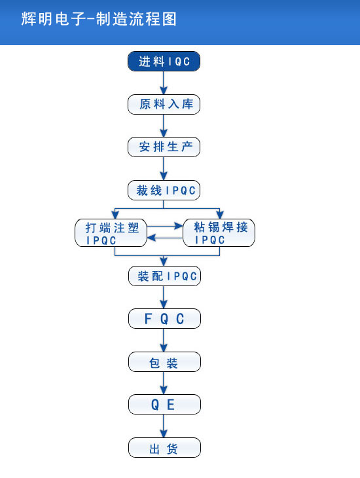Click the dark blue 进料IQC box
coord(164,62)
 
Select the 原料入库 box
coord(164,104)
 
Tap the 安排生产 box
coord(164,147)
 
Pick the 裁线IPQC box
coord(164,191)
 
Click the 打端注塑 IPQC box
coord(111,233)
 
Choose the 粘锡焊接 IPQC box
coord(219,233)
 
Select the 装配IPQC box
coord(164,276)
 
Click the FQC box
coord(164,319)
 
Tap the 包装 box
coord(164,362)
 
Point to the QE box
coord(164,405)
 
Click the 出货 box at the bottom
coord(164,448)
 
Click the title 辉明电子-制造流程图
coord(99,19)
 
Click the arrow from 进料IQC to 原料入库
coord(164,83)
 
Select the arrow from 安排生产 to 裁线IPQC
coord(164,168)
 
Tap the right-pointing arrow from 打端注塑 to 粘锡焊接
coord(165,226)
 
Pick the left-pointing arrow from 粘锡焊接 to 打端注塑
coord(165,238)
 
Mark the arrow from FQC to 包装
coord(164,340)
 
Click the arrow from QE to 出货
coord(164,426)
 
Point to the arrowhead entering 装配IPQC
coord(164,261)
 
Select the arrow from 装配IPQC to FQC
coord(164,297)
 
